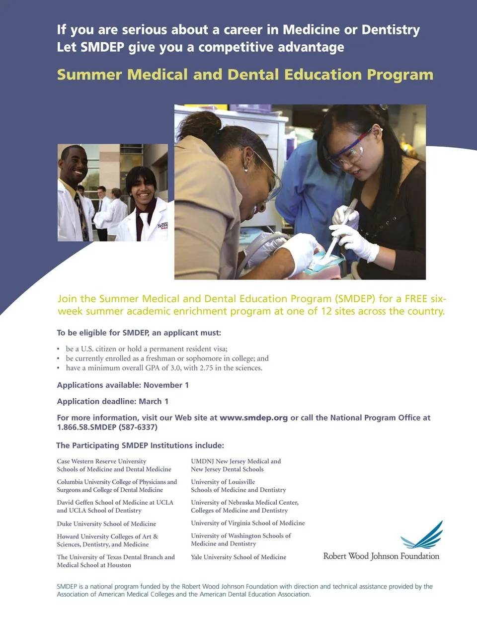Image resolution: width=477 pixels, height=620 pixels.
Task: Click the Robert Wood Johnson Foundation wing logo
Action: [x=422, y=535]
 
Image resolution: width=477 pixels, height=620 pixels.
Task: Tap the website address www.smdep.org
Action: [x=253, y=418]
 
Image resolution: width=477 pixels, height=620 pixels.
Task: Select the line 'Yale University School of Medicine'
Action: [x=238, y=557]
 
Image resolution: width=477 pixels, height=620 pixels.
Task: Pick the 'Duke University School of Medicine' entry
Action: [x=106, y=524]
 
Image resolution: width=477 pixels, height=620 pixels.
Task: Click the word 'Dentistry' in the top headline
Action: [x=391, y=30]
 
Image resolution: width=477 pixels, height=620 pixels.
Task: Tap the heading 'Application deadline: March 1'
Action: [x=113, y=401]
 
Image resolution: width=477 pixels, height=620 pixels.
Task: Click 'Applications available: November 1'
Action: [x=123, y=385]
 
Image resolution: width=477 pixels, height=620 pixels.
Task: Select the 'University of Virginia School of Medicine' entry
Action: [x=248, y=523]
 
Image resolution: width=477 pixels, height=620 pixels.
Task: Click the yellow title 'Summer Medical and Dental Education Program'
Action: [x=245, y=75]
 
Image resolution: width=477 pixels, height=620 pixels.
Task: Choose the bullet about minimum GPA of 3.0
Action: [x=164, y=368]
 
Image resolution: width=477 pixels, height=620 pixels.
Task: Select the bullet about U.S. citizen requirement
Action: [x=147, y=349]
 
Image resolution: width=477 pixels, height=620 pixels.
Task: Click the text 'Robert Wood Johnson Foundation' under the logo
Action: [x=381, y=556]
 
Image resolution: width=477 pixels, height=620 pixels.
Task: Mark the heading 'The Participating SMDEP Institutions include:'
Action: [x=140, y=445]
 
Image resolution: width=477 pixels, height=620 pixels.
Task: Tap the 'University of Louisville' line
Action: [x=223, y=482]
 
